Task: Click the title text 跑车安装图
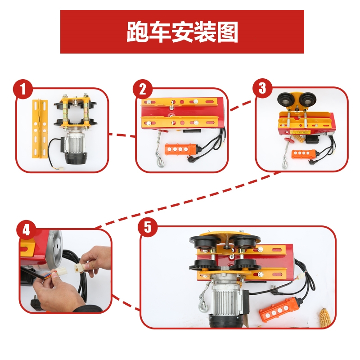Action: pyautogui.click(x=182, y=32)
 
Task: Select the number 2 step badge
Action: pyautogui.click(x=143, y=89)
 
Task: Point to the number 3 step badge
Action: pyautogui.click(x=262, y=88)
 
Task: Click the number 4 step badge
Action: pyautogui.click(x=26, y=230)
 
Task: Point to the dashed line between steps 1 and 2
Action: pyautogui.click(x=122, y=134)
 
